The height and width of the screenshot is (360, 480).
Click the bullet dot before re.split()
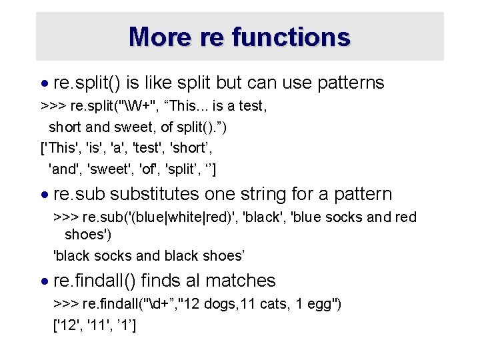pyautogui.click(x=45, y=84)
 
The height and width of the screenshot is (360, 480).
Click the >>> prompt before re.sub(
pyautogui.click(x=65, y=217)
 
